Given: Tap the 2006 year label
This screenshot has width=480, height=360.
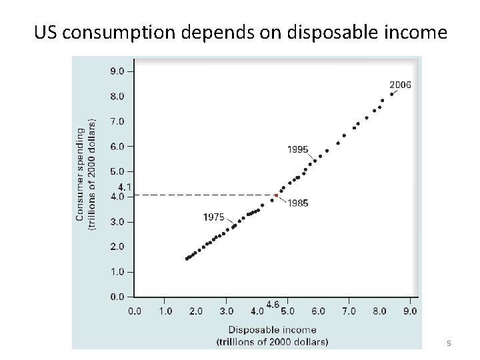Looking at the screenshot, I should point(400,85).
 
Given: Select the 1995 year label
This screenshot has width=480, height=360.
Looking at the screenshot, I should point(297,149).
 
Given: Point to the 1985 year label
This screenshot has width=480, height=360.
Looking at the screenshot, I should point(297,203).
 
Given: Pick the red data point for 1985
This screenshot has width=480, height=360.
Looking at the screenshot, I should point(276,195).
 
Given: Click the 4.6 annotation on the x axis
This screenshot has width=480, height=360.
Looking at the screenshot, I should point(273,304).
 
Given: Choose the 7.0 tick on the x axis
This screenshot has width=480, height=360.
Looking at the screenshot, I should point(349,311).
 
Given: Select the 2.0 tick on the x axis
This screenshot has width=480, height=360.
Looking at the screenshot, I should point(195,311).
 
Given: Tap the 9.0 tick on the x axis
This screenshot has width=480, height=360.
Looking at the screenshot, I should point(410,311).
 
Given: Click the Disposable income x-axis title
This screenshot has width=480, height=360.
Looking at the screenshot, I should point(273,329).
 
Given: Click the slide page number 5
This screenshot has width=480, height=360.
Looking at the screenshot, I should point(449,343).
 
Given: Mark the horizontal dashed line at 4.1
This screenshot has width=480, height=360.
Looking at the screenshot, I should point(200,195).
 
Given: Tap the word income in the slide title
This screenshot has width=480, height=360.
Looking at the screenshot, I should point(411,31).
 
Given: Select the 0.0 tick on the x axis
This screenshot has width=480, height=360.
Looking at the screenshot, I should point(134,311).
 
